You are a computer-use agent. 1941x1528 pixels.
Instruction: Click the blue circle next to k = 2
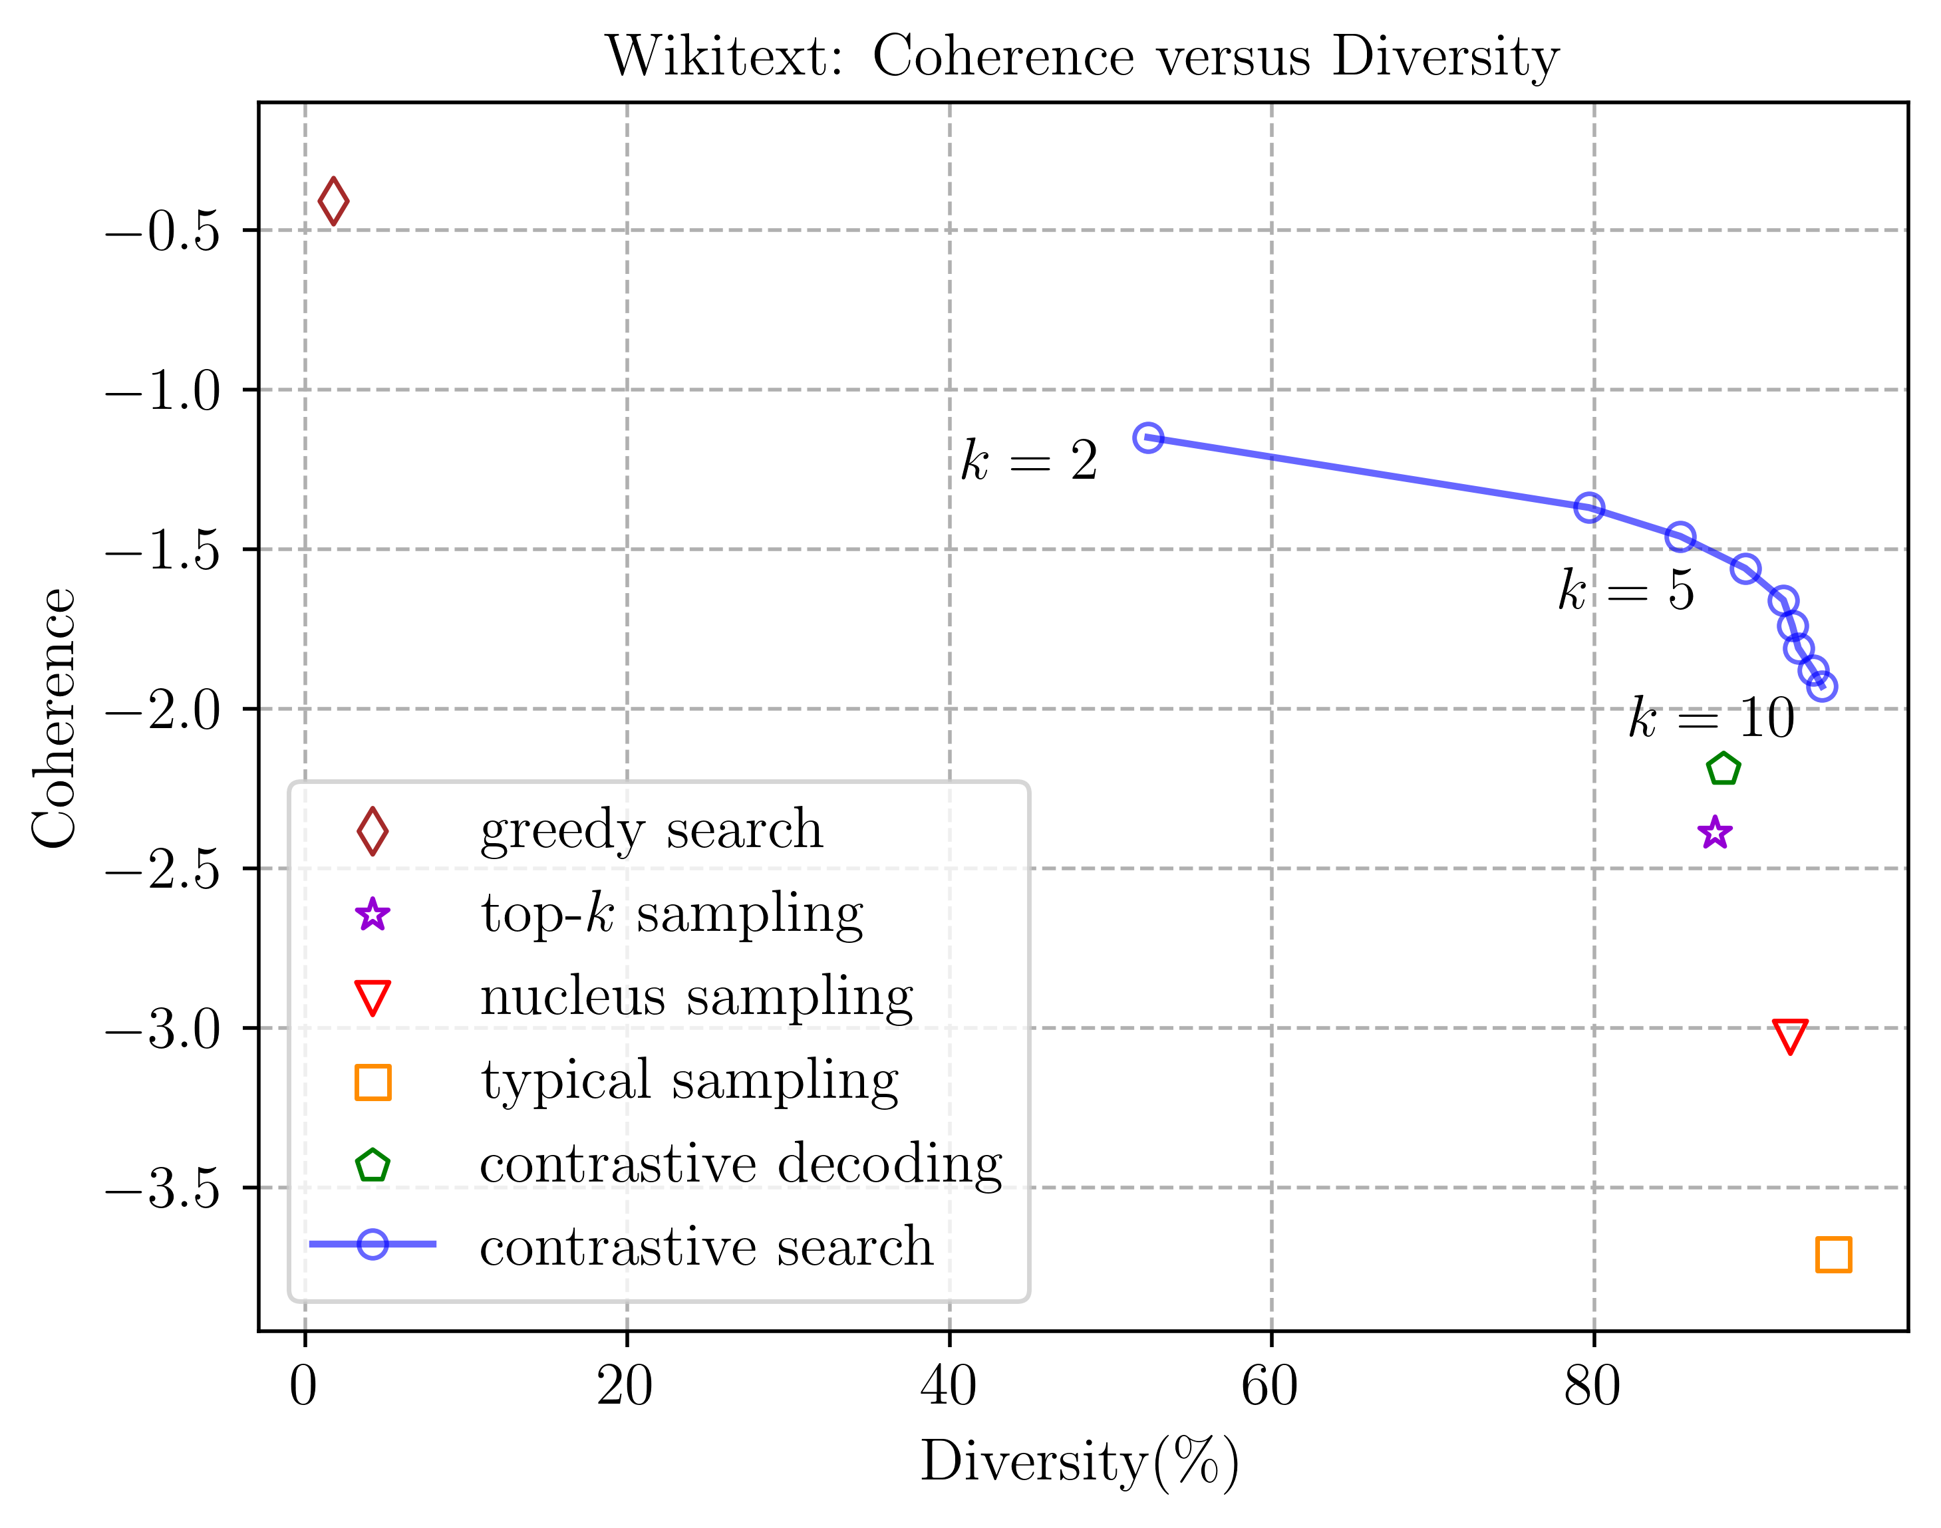click(1148, 438)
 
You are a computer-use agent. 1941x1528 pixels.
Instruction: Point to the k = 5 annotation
click(1625, 591)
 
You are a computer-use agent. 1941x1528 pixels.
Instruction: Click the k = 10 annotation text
click(1710, 718)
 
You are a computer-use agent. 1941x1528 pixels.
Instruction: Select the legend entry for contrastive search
click(706, 1246)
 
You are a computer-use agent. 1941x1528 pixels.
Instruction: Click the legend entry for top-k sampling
click(671, 914)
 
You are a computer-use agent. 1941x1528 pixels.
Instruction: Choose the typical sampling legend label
click(689, 1081)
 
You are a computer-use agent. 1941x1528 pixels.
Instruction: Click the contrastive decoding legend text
click(740, 1164)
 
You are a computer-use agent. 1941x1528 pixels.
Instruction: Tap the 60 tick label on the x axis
click(1270, 1388)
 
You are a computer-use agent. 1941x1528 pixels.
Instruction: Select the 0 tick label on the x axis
click(303, 1388)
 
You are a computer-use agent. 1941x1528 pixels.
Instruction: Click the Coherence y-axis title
click(55, 717)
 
